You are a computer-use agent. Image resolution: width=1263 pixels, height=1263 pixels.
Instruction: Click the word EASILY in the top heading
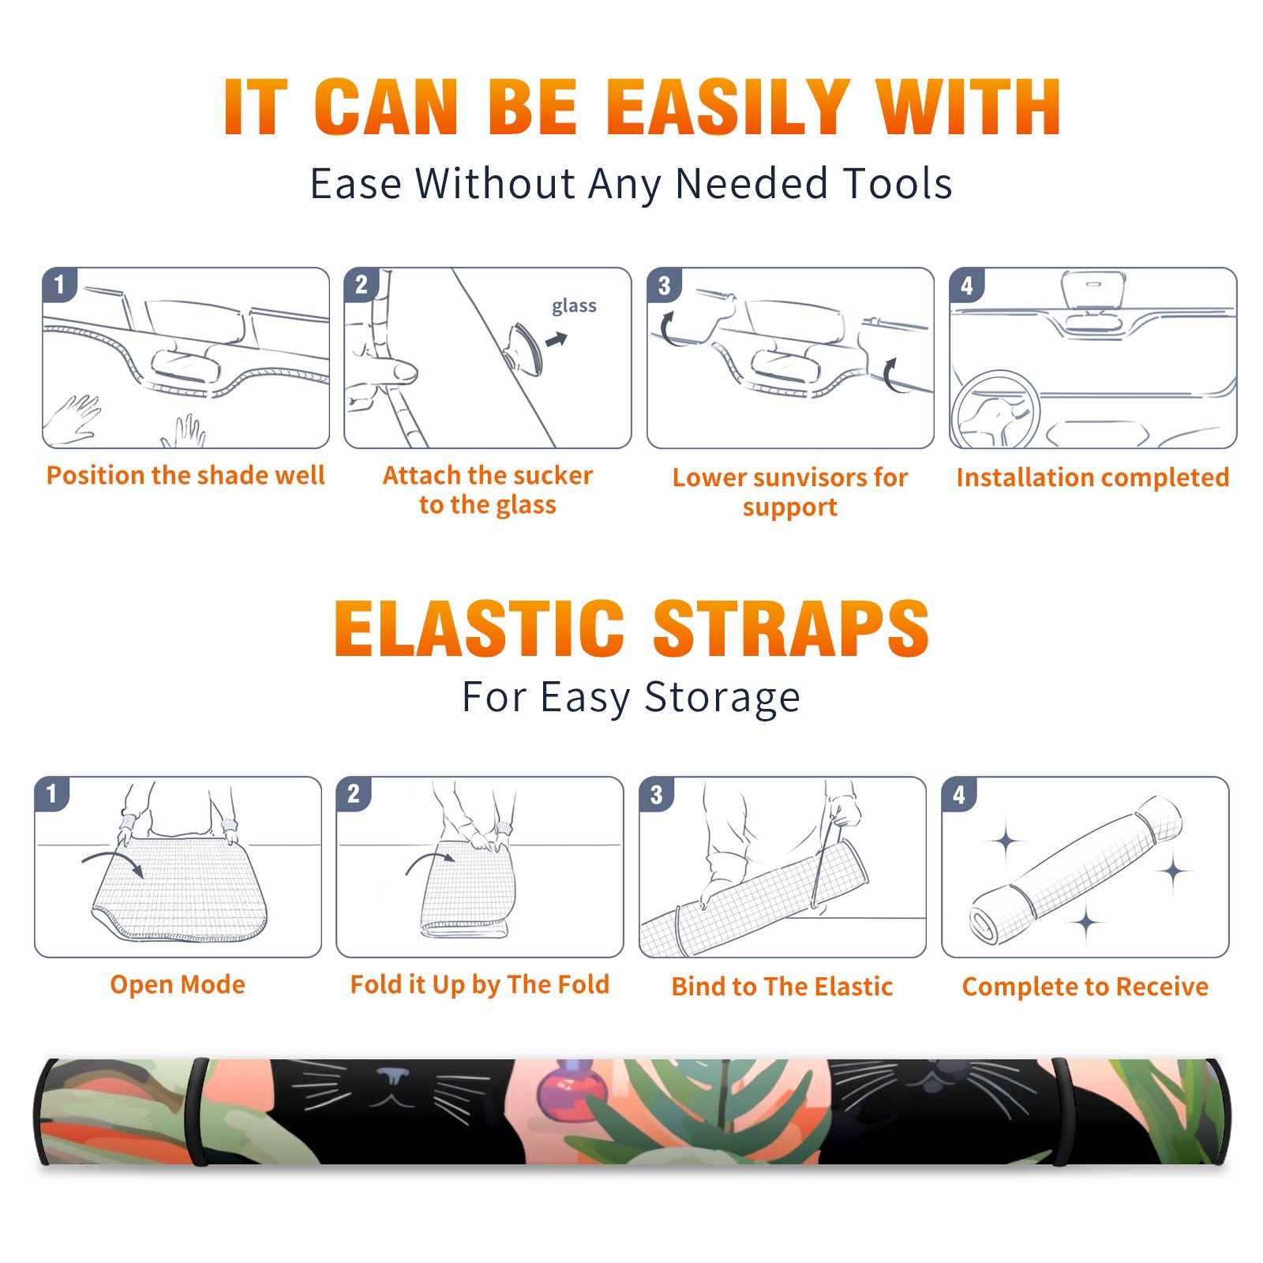728,107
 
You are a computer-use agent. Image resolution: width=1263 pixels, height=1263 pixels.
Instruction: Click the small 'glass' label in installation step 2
574,306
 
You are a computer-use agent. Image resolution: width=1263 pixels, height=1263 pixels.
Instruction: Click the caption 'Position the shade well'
186,475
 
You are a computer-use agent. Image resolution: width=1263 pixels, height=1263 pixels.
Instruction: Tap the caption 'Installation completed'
1092,478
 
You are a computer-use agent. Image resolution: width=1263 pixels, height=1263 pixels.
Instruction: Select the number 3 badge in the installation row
664,286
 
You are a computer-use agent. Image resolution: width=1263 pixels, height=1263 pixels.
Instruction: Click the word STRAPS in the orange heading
791,628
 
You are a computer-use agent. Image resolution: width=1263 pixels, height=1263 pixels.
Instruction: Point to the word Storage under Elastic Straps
722,698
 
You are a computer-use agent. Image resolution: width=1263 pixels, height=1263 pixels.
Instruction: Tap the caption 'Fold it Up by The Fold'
480,985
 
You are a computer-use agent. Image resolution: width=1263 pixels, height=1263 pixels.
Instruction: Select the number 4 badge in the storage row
959,794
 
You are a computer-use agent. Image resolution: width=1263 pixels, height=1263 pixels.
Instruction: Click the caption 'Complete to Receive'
1085,987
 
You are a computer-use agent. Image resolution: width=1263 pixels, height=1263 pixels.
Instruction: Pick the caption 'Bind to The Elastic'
782,987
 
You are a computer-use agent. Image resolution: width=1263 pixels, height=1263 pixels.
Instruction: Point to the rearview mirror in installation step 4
1093,291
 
